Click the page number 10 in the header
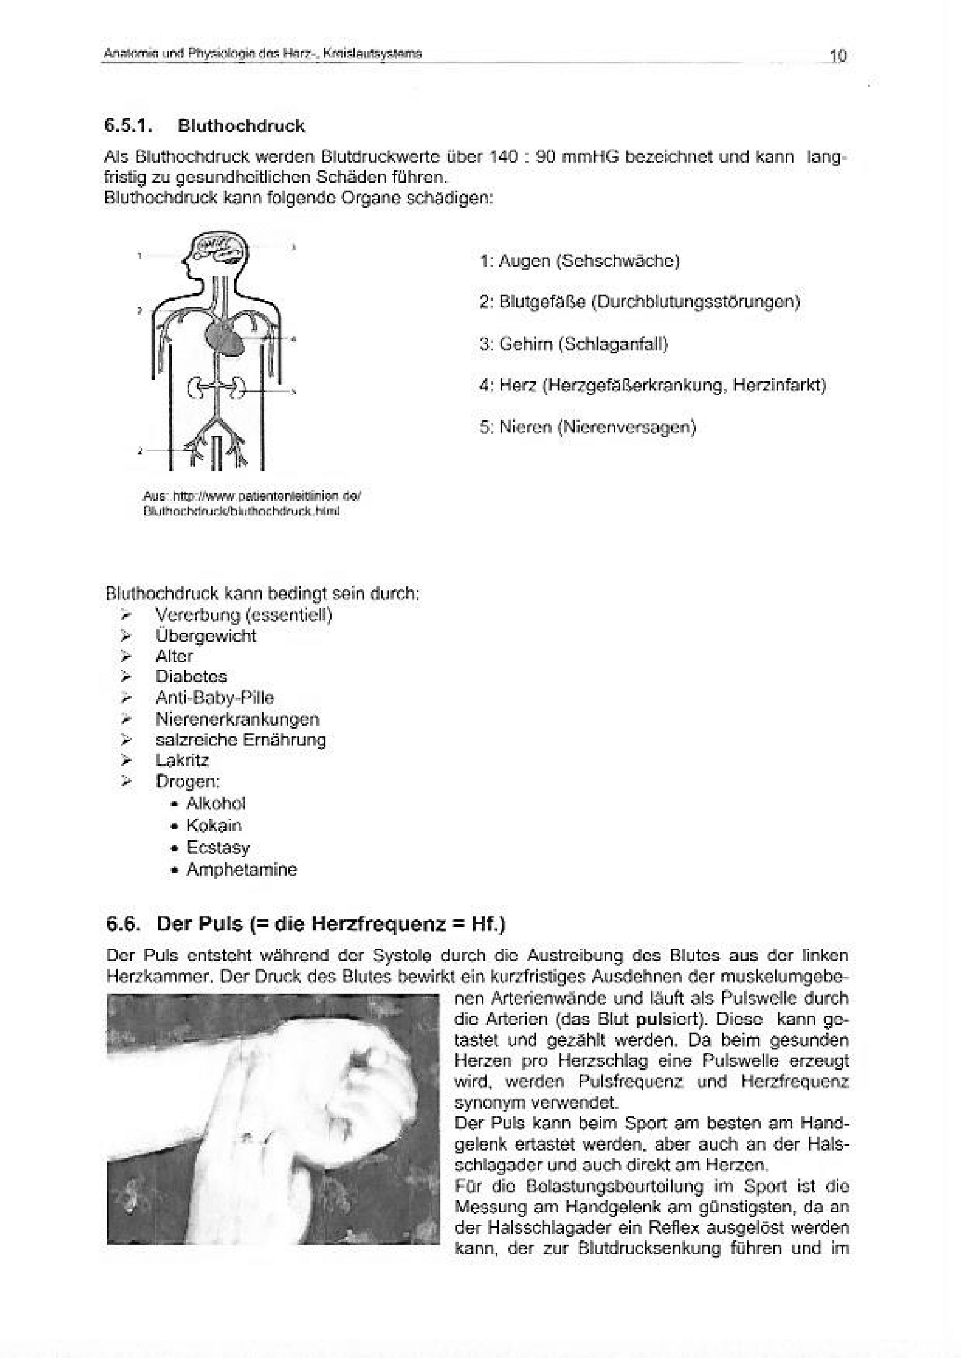click(x=838, y=56)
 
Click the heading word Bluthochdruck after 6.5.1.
click(x=241, y=126)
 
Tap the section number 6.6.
click(x=123, y=924)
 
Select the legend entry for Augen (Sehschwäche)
click(x=579, y=261)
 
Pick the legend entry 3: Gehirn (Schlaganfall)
click(x=573, y=343)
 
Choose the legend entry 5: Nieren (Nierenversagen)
click(x=587, y=427)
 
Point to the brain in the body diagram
click(x=220, y=248)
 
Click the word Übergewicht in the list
click(x=206, y=636)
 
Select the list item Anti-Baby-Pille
click(x=214, y=697)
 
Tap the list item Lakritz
click(x=182, y=760)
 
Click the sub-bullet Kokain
click(x=214, y=825)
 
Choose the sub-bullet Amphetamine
click(x=242, y=869)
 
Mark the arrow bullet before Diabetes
click(x=125, y=676)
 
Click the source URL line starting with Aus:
click(x=252, y=495)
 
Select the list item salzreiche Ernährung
click(x=240, y=740)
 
